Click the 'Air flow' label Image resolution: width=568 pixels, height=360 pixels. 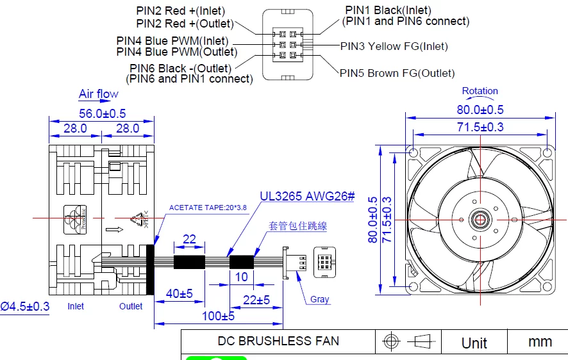[x=98, y=94]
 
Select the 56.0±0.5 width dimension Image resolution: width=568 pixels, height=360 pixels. [x=102, y=113]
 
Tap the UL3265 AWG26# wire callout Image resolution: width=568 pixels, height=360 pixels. [x=307, y=197]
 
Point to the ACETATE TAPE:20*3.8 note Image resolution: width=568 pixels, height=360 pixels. [x=208, y=208]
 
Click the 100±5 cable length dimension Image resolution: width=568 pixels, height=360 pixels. [x=217, y=316]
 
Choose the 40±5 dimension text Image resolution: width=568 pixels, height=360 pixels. [x=179, y=293]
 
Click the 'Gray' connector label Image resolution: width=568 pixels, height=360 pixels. [x=319, y=299]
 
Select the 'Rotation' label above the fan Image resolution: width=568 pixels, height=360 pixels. [x=480, y=91]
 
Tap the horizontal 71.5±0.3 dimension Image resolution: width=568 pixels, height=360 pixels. [x=480, y=127]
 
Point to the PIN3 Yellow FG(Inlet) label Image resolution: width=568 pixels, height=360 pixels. [x=394, y=46]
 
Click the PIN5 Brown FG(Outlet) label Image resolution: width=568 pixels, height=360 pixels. [x=397, y=73]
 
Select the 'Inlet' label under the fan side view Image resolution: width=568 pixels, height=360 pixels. [x=76, y=306]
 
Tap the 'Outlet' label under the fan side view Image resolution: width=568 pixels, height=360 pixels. [x=131, y=306]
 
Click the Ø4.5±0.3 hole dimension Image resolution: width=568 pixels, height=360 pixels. [x=25, y=306]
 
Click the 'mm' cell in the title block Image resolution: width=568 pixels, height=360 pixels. [x=540, y=342]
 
